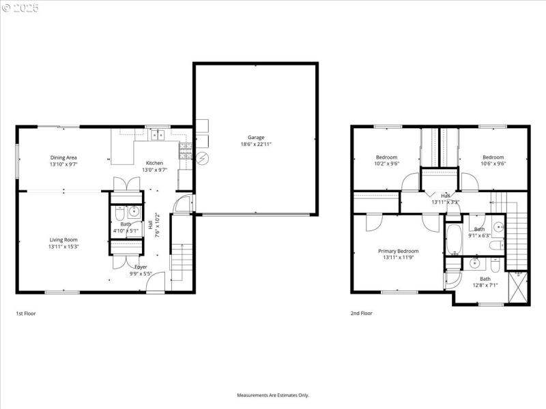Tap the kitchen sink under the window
click(158, 135)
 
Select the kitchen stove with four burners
click(184, 149)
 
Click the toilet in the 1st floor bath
click(119, 210)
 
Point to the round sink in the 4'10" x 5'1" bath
click(134, 211)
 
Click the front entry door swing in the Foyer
click(156, 280)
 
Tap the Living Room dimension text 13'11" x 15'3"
click(63, 247)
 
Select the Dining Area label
click(63, 157)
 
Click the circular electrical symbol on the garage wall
click(201, 160)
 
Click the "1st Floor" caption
click(25, 314)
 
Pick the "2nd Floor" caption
click(362, 314)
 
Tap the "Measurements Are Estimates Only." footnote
click(273, 395)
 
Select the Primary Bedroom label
click(399, 251)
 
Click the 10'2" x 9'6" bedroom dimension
click(386, 164)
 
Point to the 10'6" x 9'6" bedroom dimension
click(493, 164)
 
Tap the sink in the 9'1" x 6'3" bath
click(498, 226)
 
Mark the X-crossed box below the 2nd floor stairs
click(518, 285)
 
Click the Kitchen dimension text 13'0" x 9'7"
click(154, 170)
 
